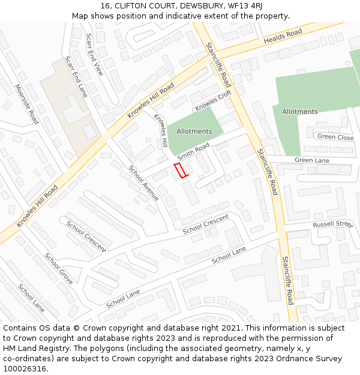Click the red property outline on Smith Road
(181, 170)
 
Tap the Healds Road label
(282, 37)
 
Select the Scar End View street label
(94, 54)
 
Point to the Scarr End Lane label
(76, 77)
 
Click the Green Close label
(335, 137)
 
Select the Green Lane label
(312, 160)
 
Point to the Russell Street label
(332, 224)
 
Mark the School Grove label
(59, 268)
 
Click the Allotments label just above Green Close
(300, 112)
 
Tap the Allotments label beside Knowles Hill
(194, 131)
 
